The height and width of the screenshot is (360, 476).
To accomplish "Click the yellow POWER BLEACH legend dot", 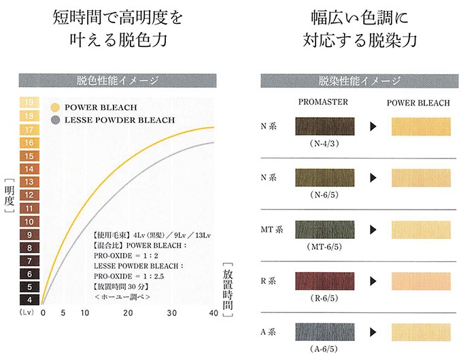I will (55, 108).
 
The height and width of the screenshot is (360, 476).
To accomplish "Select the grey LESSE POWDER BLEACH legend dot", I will (55, 120).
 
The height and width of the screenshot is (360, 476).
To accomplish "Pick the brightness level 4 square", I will (30, 299).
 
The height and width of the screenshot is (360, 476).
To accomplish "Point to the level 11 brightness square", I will (30, 208).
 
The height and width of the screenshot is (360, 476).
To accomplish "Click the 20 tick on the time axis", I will (128, 314).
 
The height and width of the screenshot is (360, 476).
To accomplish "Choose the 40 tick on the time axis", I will (213, 314).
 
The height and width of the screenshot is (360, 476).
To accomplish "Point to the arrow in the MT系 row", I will (372, 229).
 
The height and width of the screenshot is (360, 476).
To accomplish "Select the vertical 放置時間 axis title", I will (228, 289).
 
